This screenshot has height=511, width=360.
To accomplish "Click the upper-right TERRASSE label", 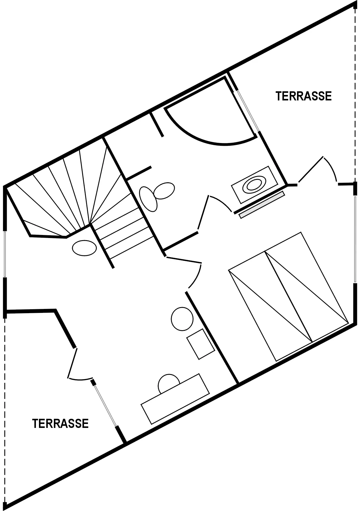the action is click(303, 96).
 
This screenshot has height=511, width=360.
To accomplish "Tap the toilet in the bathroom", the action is click(157, 196).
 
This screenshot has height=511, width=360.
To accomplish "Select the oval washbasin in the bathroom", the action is click(254, 184).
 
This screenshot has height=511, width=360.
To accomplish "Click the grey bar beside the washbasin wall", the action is click(262, 205).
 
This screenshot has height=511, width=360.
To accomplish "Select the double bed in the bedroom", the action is click(288, 296).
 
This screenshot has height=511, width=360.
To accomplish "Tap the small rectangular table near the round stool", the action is click(201, 344).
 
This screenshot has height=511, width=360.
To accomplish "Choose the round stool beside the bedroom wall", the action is click(182, 319).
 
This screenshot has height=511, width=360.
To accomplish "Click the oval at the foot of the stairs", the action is click(84, 248).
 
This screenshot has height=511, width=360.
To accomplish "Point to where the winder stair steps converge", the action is click(90, 224).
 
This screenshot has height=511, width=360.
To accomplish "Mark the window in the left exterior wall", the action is click(5, 254).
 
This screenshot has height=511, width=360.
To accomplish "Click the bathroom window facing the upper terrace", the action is click(248, 111).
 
